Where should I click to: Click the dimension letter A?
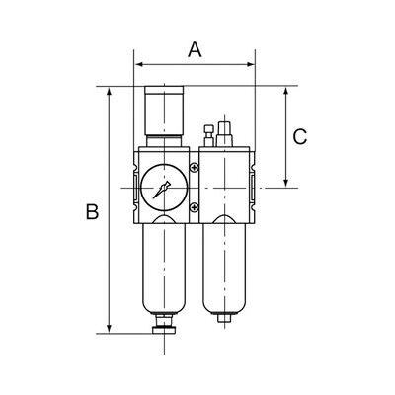point(195,50)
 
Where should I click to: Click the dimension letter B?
point(92,211)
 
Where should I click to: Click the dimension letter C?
point(300,137)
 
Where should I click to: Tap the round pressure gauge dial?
point(164,188)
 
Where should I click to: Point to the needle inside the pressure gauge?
point(161,190)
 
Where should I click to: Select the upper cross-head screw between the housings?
point(195,168)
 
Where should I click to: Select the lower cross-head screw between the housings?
point(195,207)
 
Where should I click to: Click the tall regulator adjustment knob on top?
point(164,111)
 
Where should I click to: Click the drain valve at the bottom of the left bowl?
point(164,325)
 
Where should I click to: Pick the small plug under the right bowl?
point(224,318)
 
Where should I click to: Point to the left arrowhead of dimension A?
point(138,64)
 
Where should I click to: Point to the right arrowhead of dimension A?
point(251,64)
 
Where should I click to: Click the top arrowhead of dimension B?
point(110,92)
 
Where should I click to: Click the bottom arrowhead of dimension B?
point(110,329)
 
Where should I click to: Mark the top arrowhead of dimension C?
point(286,92)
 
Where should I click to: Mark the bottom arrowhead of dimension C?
point(286,183)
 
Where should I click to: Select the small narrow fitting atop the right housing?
point(208,135)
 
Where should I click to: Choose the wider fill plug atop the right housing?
point(224,134)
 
